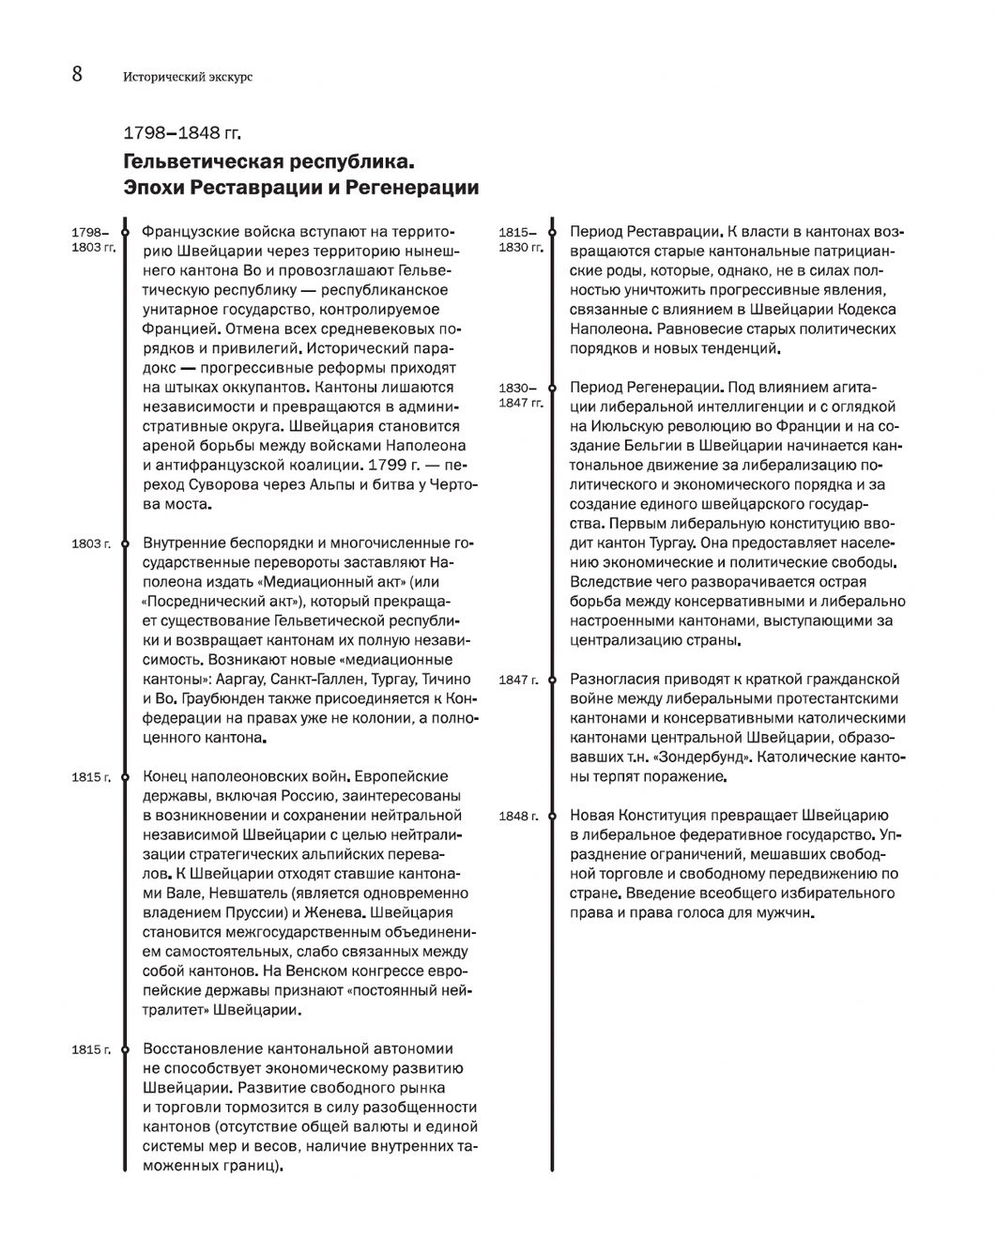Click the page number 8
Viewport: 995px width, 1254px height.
(x=77, y=74)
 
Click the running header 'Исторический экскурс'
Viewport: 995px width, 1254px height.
(x=188, y=77)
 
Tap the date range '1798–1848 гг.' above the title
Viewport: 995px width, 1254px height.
(x=182, y=132)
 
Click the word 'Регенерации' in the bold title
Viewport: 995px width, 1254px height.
(x=412, y=188)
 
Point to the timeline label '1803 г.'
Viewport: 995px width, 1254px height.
(x=91, y=543)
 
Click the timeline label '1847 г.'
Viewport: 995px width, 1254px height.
(x=519, y=680)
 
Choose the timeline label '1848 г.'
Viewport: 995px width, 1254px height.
(x=519, y=816)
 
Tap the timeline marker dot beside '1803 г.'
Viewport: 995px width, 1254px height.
(x=124, y=543)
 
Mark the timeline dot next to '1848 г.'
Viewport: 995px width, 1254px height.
(x=552, y=816)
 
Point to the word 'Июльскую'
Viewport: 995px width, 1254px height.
(x=622, y=426)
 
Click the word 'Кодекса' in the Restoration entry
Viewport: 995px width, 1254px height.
(x=868, y=310)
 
